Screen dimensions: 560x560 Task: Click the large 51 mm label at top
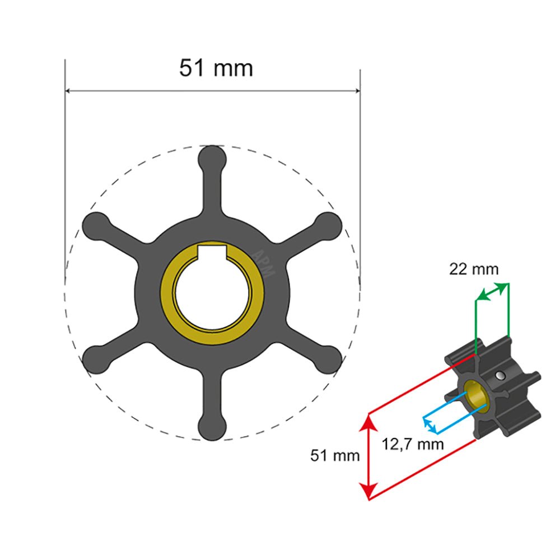click(216, 68)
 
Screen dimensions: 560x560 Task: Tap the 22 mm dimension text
click(473, 269)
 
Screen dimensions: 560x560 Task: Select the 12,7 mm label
click(413, 445)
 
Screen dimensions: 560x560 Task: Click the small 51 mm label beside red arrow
click(335, 456)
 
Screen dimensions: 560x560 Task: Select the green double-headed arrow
click(492, 292)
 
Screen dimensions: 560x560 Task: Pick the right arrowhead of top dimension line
click(357, 90)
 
